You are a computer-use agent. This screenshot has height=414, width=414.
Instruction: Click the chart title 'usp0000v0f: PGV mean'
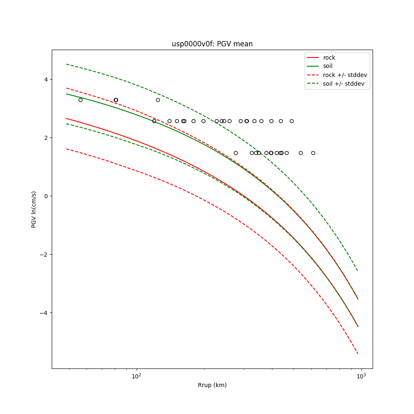pos(212,44)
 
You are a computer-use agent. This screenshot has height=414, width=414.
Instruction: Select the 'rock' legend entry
pos(329,58)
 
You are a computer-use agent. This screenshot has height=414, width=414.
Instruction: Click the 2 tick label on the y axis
pos(46,138)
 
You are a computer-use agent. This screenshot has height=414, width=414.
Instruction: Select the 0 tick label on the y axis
pos(46,196)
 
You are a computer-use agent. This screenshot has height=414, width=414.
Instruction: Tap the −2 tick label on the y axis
pos(45,255)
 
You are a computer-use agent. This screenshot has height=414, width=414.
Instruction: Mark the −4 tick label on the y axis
pos(45,313)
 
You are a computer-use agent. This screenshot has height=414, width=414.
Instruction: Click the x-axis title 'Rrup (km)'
pos(212,385)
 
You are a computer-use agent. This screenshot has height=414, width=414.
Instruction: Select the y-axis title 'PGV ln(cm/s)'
pos(34,209)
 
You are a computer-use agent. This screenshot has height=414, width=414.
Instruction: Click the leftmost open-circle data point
pos(80,100)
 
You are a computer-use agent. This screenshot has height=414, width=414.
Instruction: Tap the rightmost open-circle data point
pos(313,153)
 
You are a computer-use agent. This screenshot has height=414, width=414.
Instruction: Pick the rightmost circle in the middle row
pos(291,121)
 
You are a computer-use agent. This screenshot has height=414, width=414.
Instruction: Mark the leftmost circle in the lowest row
pos(236,153)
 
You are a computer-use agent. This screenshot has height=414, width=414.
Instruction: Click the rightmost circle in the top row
pos(158,100)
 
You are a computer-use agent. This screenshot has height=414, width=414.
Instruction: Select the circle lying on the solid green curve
pos(154,121)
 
